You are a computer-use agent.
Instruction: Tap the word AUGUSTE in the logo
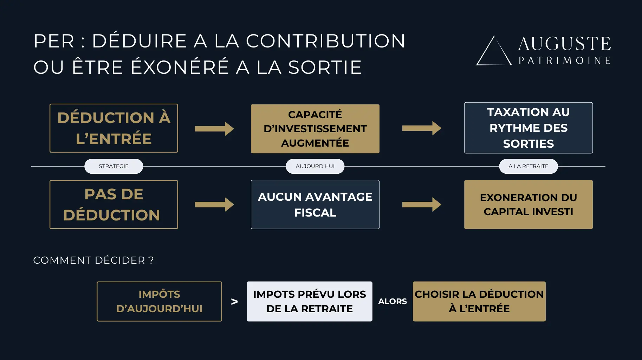click(x=564, y=44)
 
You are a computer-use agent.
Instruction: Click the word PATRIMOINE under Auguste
click(x=564, y=60)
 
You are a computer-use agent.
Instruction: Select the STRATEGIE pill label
click(x=114, y=166)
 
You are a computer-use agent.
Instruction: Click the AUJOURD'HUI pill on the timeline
click(x=315, y=166)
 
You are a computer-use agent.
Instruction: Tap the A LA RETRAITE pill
click(x=528, y=166)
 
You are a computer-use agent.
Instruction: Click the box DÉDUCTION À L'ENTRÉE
click(x=114, y=128)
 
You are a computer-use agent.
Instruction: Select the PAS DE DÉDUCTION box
click(x=114, y=205)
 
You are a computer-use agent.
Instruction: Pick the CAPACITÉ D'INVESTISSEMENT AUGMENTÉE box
click(x=315, y=129)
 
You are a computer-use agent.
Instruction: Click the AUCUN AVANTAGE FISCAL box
click(x=315, y=205)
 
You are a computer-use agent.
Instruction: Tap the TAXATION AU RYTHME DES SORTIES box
click(x=528, y=128)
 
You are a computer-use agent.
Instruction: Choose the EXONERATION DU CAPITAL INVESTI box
click(x=528, y=205)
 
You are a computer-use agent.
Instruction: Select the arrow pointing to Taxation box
click(x=421, y=128)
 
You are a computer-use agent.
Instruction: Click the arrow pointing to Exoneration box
click(x=421, y=205)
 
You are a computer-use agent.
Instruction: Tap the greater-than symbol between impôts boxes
click(x=234, y=302)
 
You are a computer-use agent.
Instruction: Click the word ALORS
click(x=392, y=302)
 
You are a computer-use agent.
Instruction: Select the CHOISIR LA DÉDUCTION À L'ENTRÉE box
click(x=479, y=301)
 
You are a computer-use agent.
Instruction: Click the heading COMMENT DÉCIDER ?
click(x=93, y=260)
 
